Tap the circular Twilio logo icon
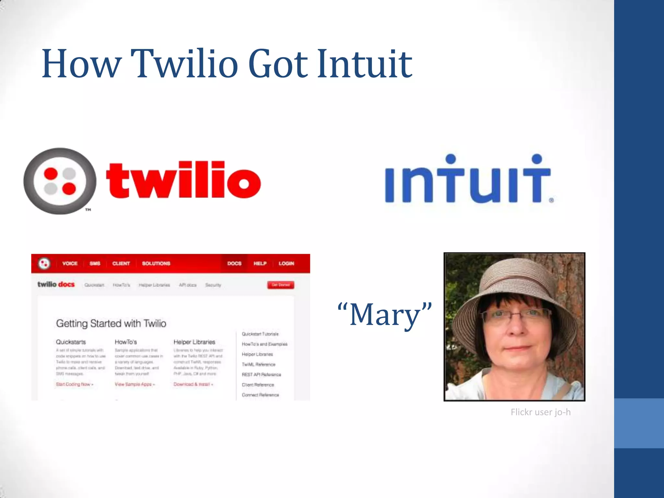(x=60, y=181)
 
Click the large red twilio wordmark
(x=184, y=180)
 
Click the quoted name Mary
(x=385, y=314)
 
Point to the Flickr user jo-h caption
(x=540, y=412)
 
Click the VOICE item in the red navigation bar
(x=70, y=263)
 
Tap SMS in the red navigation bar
(x=95, y=263)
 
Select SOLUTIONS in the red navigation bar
(x=156, y=263)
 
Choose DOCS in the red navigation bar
(x=234, y=263)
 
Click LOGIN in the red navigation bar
(x=286, y=263)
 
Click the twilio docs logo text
(x=56, y=284)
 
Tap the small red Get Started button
(x=281, y=285)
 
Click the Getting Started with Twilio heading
(x=111, y=323)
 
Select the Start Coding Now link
(x=74, y=384)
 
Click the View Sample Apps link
(x=135, y=384)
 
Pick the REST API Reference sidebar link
(x=261, y=374)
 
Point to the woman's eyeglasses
(x=516, y=314)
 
